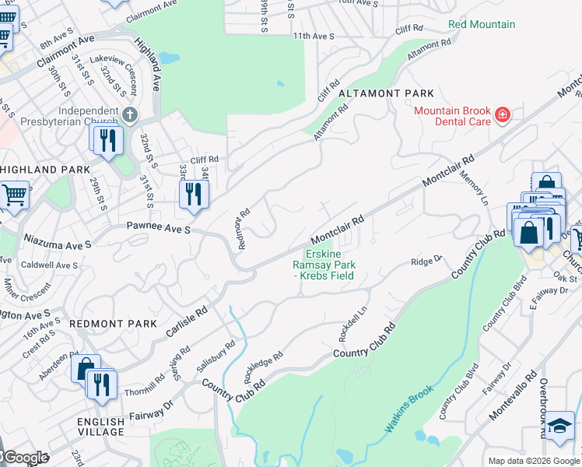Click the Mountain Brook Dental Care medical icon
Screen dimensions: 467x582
click(x=503, y=116)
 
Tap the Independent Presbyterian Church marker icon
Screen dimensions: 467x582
click(x=130, y=115)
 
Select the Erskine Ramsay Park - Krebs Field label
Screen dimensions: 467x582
click(x=329, y=264)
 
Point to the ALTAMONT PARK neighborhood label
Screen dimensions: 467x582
click(x=386, y=93)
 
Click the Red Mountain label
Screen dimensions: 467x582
click(x=482, y=25)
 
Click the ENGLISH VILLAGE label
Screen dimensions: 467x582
click(x=100, y=426)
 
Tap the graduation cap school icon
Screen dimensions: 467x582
click(x=559, y=426)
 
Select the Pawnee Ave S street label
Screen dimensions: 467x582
click(x=154, y=230)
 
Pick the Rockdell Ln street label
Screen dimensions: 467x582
click(x=352, y=318)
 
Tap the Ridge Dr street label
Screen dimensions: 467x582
click(x=426, y=261)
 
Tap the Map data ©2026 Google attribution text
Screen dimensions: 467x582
click(x=534, y=461)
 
